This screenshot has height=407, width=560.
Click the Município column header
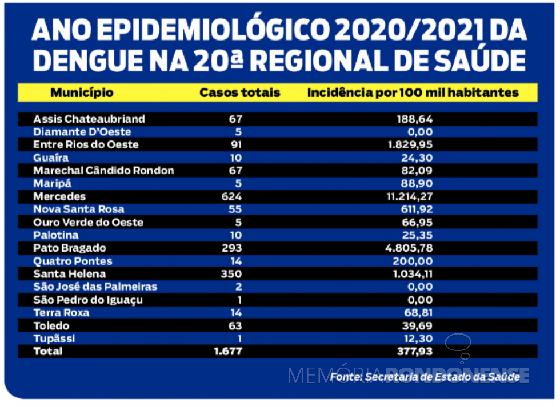pos(82,92)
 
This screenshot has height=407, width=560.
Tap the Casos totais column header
pos(239,92)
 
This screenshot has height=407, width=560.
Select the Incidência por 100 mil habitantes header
pos(413,92)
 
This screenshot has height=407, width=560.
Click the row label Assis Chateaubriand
pos(89,119)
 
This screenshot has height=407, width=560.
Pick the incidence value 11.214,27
pos(408,196)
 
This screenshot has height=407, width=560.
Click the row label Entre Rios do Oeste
pos(86,144)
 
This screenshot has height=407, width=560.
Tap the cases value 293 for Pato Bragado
pos(233,248)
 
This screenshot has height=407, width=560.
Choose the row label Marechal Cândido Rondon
pos(103,171)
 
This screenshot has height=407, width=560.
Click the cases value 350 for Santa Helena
pos(233,274)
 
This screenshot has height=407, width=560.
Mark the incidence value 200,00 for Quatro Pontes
pos(415,261)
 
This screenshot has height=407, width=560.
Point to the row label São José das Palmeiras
pos(95,287)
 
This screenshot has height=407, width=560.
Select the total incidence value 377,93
pos(415,351)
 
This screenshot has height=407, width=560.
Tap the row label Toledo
pos(51,325)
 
